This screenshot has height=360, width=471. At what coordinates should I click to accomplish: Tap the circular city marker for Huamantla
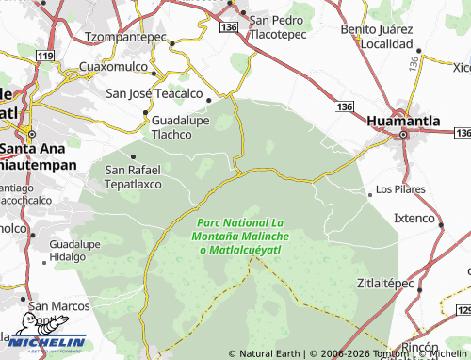coord(404,135)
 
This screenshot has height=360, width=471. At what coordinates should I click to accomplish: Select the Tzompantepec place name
coord(125,37)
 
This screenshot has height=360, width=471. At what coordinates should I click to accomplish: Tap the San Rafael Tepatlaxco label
coord(133,176)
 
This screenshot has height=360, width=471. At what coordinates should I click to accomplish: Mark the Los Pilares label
coord(401,189)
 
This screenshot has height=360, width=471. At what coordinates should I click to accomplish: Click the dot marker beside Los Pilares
coord(370,189)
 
